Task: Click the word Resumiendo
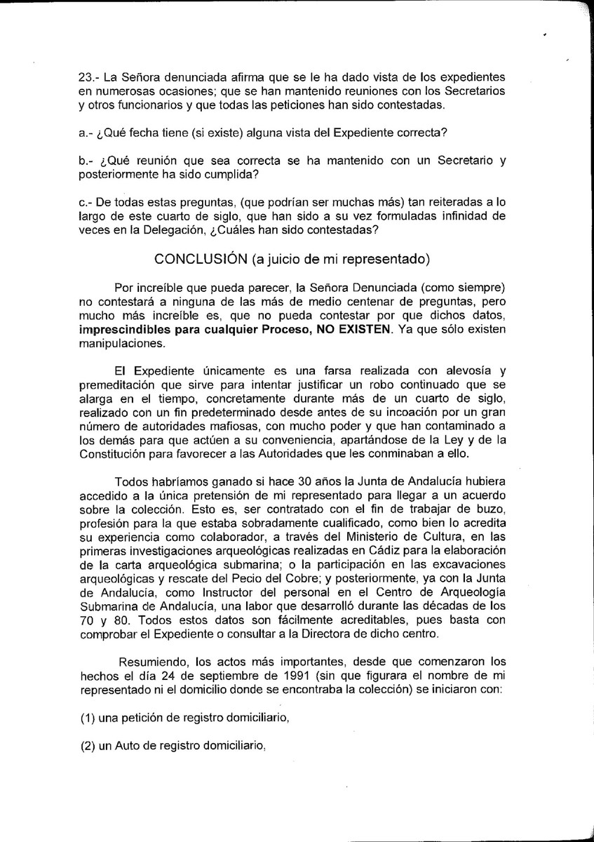pyautogui.click(x=153, y=662)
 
